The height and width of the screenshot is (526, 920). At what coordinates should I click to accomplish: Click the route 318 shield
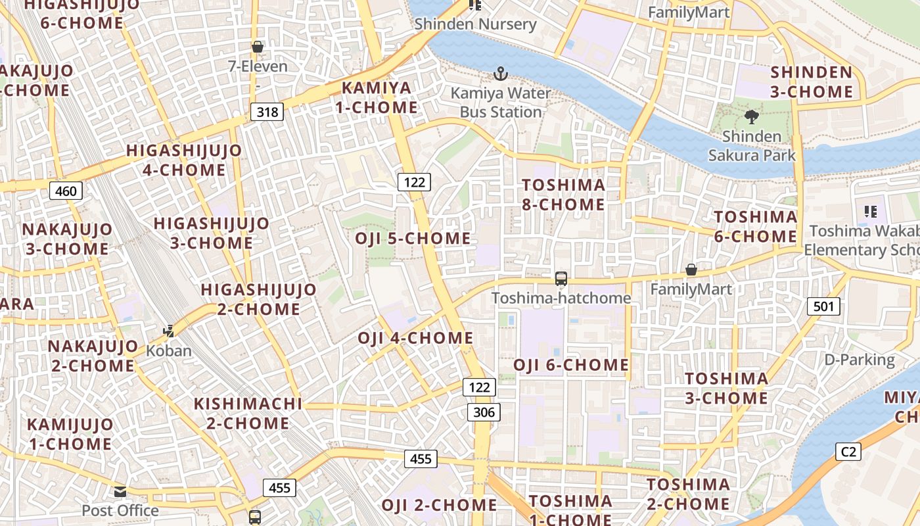[x=267, y=112]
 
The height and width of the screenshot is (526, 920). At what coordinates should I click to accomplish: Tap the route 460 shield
[x=66, y=191]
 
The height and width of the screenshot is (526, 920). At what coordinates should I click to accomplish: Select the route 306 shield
[x=484, y=412]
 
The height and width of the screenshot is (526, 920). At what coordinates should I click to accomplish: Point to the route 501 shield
[x=823, y=306]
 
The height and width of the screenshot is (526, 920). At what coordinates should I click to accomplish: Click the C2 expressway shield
[x=848, y=452]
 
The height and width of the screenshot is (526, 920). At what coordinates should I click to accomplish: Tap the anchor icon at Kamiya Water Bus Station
[x=501, y=73]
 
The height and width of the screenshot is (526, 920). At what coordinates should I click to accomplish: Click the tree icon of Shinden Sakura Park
[x=751, y=118]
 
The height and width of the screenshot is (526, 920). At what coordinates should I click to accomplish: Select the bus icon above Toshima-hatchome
[x=561, y=279]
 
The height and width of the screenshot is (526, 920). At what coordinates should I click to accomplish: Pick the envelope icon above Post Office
[x=120, y=491]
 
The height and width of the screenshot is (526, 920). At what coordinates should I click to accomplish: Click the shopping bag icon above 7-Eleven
[x=258, y=47]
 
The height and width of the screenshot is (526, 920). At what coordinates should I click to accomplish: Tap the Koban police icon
[x=169, y=331]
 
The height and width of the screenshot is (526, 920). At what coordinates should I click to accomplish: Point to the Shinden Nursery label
[x=475, y=24]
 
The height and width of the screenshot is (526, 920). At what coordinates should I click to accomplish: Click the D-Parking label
[x=860, y=360]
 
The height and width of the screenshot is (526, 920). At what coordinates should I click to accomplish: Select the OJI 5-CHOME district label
[x=413, y=238]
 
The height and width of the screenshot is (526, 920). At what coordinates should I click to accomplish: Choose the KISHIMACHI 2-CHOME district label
[x=248, y=414]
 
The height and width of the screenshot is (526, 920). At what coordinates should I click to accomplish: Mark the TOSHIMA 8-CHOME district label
[x=563, y=195]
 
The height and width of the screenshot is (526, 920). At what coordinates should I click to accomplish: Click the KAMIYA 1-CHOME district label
[x=377, y=97]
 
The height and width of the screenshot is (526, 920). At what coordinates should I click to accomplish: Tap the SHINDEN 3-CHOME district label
[x=812, y=82]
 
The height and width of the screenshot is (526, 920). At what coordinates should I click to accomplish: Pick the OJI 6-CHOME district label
[x=570, y=365]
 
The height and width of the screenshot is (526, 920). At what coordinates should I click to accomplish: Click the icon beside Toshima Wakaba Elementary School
[x=871, y=212]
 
